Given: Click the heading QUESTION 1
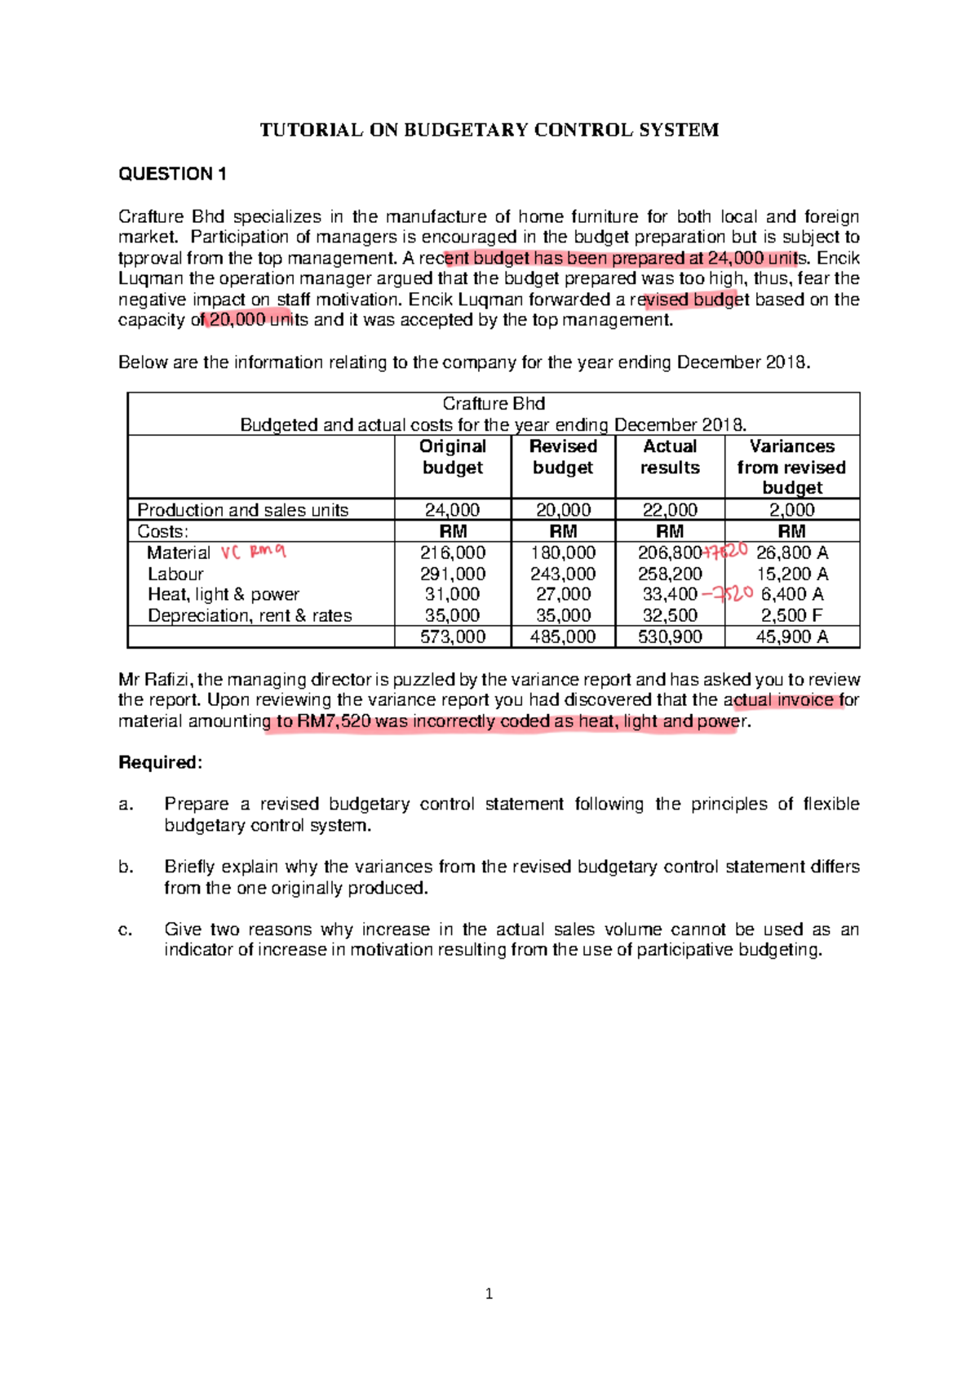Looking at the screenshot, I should [x=172, y=174].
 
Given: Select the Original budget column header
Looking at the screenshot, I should [x=453, y=457].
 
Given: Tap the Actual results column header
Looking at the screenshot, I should [x=669, y=457].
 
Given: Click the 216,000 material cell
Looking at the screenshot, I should [x=453, y=553].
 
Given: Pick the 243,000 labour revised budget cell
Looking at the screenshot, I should [x=563, y=574].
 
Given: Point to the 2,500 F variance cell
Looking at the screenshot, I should [x=791, y=615].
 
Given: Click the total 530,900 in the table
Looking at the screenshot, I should [x=669, y=637].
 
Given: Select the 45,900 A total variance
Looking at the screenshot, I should [x=791, y=637].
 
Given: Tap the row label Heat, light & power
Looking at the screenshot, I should [x=224, y=595].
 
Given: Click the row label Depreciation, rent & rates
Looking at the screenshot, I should [x=250, y=616].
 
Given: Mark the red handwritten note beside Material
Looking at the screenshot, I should [x=254, y=552].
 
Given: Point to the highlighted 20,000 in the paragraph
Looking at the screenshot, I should [x=237, y=320].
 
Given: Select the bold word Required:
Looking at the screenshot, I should [x=160, y=763].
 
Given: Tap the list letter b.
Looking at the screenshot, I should [x=126, y=867].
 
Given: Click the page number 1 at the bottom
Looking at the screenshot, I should [x=489, y=1293].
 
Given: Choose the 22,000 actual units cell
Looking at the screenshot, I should [x=669, y=510].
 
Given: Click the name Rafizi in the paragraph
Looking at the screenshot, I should [x=169, y=680].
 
